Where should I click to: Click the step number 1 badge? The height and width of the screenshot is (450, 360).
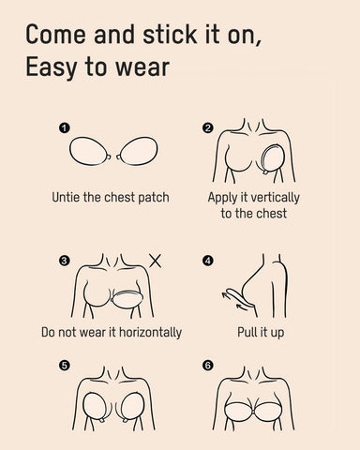point(63,127)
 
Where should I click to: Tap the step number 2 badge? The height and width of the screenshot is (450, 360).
point(208,127)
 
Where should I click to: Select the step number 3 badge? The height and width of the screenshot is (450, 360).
point(63,261)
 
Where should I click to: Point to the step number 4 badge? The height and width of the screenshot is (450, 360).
point(208,261)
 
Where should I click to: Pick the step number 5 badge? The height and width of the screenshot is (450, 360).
point(63,366)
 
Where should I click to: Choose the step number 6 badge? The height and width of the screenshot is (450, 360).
point(208,366)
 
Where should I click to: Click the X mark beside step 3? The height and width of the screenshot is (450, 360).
point(155,260)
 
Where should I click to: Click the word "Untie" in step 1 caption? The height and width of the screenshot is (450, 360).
point(69,198)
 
